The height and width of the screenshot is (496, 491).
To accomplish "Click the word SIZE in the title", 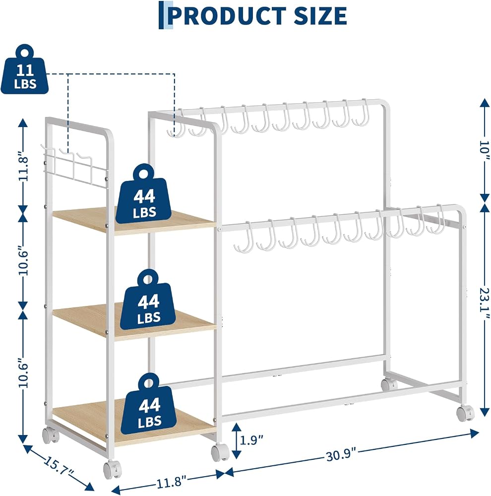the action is [320, 15].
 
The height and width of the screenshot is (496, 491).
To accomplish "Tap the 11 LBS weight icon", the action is [25, 69].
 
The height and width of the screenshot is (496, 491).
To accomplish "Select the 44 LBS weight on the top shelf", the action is [144, 193].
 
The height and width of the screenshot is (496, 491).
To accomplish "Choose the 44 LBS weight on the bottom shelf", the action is [149, 402].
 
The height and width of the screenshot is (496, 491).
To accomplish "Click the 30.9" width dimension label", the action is [341, 456].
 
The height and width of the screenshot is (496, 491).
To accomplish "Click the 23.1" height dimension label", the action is [484, 299].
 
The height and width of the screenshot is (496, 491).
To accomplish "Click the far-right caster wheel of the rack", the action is [465, 414].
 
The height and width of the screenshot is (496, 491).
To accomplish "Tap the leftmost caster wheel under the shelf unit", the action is [51, 435].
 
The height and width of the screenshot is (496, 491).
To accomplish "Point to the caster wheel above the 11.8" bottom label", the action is [220, 452].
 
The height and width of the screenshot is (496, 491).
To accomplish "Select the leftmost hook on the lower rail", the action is [244, 237].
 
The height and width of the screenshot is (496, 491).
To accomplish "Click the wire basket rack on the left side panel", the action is [75, 167].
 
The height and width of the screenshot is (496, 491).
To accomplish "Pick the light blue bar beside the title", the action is [170, 15].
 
